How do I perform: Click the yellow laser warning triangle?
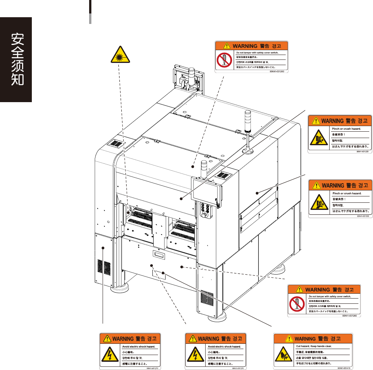tap(120, 56)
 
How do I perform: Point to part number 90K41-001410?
tap(345, 368)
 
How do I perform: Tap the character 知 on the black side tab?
tap(16, 80)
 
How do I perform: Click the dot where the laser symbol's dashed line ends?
tap(128, 212)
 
